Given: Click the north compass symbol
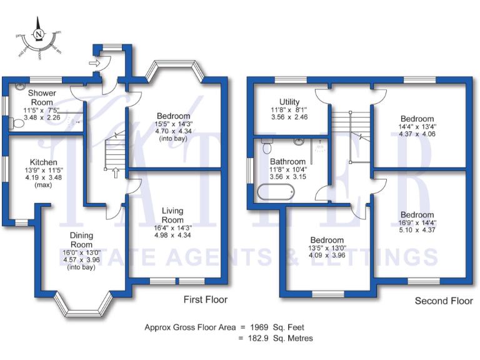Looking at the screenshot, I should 40,35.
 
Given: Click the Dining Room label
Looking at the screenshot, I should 81,239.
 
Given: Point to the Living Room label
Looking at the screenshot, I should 172,216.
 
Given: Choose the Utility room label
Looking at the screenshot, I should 289,102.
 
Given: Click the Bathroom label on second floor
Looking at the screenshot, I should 288,161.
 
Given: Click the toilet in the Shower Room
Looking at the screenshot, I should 17,124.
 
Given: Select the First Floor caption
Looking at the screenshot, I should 206,300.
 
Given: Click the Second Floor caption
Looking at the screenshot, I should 444,301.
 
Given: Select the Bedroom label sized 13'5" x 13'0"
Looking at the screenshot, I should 327,240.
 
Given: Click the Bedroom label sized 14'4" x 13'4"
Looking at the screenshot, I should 417,119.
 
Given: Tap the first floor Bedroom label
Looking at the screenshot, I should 173,116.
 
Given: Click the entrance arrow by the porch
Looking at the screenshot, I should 94,62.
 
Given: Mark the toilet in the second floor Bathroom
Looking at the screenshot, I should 267,147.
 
